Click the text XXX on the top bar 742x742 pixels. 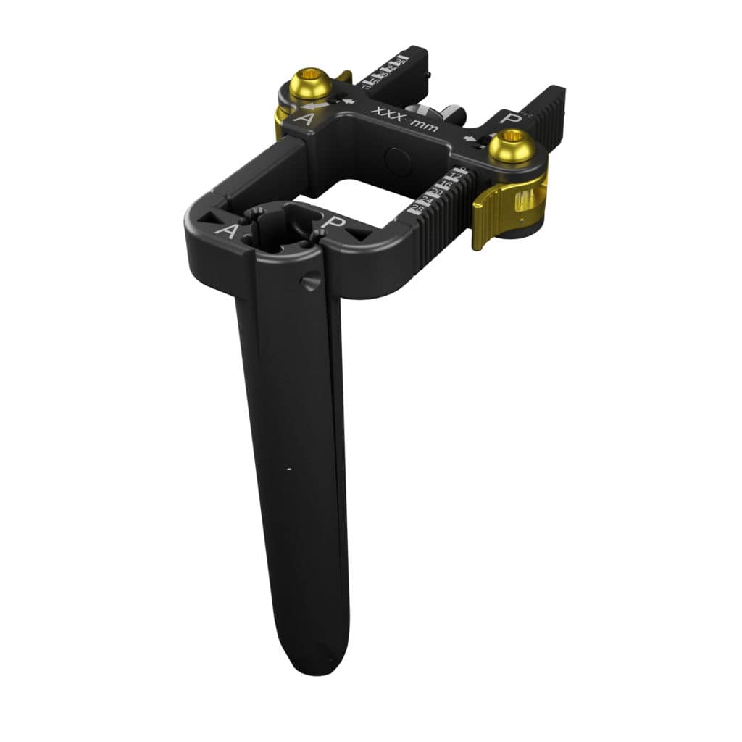pyautogui.click(x=387, y=115)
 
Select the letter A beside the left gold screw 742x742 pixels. pyautogui.click(x=305, y=118)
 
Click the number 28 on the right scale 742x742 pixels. pyautogui.click(x=417, y=209)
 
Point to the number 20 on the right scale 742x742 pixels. pyautogui.click(x=439, y=190)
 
